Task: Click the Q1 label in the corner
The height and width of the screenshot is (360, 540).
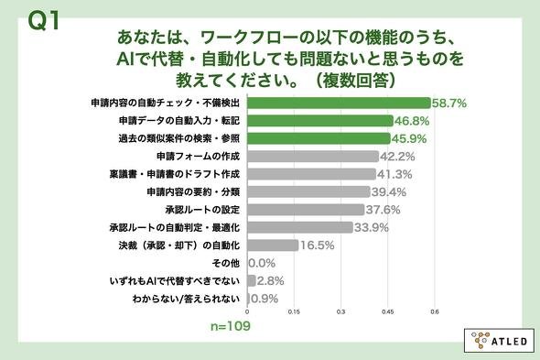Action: [x=44, y=20]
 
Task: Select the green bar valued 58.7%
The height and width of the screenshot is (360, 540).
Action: [x=339, y=103]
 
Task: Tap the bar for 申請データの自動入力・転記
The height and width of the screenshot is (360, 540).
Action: [x=320, y=121]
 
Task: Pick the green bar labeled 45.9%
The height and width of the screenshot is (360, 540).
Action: [x=319, y=138]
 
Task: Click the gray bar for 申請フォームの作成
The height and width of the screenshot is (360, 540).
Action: [x=313, y=157]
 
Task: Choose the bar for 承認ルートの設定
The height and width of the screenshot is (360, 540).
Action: [x=306, y=210]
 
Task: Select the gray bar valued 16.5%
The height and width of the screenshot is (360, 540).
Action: [x=273, y=245]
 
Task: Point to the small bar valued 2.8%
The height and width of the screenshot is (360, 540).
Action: [x=252, y=280]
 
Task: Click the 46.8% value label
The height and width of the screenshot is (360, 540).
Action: [x=412, y=121]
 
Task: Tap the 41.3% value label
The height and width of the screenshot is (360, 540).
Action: [x=394, y=174]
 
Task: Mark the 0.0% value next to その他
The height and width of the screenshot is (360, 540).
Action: [x=262, y=263]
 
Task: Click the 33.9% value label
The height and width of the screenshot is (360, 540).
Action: [x=372, y=227]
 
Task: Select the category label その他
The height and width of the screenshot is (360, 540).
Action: [x=225, y=263]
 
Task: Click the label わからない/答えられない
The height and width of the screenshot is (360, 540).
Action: [x=186, y=299]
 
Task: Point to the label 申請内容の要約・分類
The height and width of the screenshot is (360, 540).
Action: [x=193, y=191]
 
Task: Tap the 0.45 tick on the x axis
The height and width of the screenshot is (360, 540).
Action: [x=388, y=311]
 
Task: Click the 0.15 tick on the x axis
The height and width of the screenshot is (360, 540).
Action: [x=294, y=311]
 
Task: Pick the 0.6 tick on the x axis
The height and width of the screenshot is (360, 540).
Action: [x=435, y=311]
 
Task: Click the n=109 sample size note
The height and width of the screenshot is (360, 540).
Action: [x=231, y=326]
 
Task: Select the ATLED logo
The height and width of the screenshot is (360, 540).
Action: [x=500, y=341]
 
